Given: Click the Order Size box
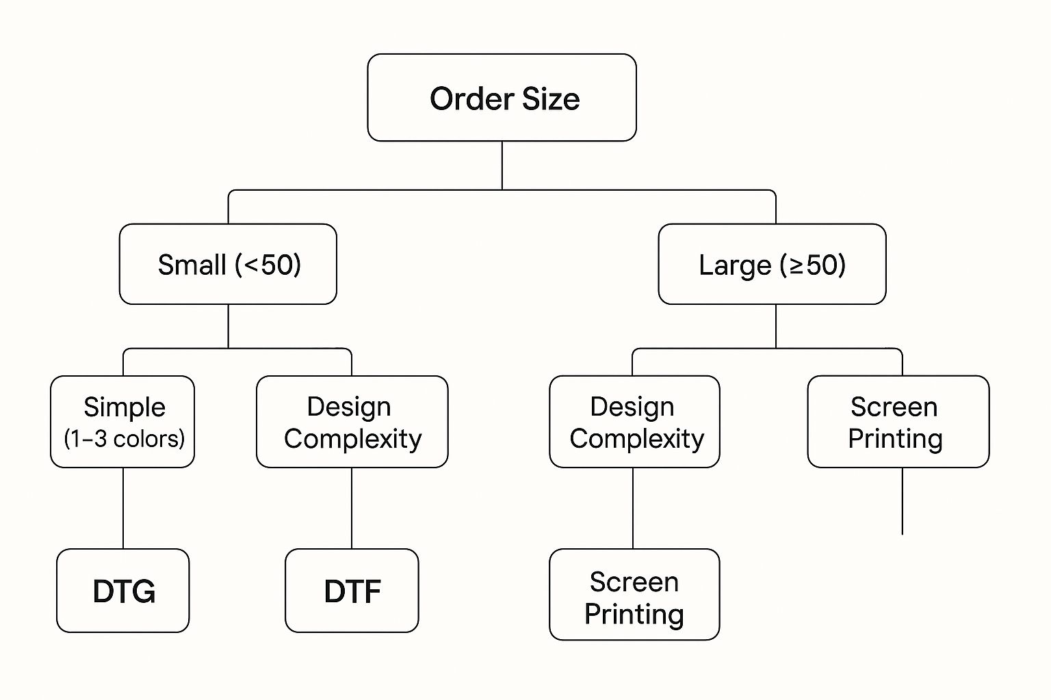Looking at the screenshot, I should pos(502,98).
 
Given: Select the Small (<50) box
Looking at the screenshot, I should pos(228,264).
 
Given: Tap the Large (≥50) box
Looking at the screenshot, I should pos(772,264).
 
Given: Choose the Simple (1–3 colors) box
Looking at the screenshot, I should pos(122,421).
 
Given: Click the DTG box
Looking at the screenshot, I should pos(123,591).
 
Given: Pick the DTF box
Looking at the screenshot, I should pos(352,591).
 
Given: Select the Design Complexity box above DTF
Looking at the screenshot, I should pos(352,421).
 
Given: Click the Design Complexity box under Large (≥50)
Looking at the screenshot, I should pos(634,421).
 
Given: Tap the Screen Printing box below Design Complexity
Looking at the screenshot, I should pos(634,595).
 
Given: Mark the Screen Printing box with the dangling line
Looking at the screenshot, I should pos(898,421).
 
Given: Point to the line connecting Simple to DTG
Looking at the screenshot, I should pos(123,508).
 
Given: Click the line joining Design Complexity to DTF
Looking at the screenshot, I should pos(352,508).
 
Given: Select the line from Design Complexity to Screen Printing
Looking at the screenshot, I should pos(633,508).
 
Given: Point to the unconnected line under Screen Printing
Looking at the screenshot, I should pos(903,501).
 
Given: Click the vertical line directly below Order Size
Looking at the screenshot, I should pos(502,165).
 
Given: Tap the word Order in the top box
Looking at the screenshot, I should pos(471,99).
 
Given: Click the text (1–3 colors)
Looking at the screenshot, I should pos(125,438).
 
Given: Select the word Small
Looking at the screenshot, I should pos(192,265).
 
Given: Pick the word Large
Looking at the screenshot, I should pos(735,265).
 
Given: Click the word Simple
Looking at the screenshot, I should pos(125,407).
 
